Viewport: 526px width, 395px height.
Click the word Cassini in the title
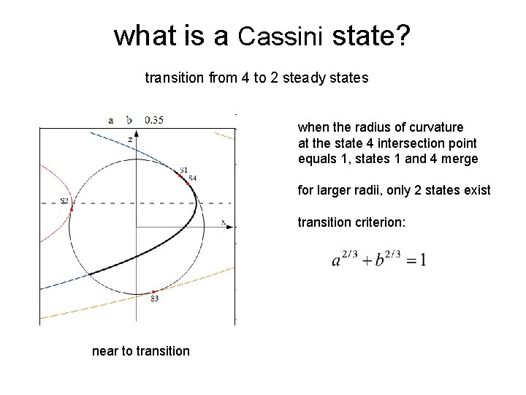pyautogui.click(x=281, y=36)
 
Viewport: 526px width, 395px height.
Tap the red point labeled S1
pyautogui.click(x=180, y=176)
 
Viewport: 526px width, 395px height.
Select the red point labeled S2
pyautogui.click(x=72, y=209)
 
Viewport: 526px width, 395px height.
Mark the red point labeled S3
pyautogui.click(x=153, y=292)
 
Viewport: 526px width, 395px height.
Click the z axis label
pyautogui.click(x=130, y=138)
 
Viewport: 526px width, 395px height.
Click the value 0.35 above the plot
pyautogui.click(x=154, y=120)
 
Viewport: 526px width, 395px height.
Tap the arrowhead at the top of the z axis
pyautogui.click(x=137, y=131)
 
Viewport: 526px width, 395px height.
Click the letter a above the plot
pyautogui.click(x=111, y=120)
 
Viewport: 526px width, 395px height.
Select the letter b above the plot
pyautogui.click(x=129, y=120)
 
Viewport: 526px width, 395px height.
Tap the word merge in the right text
pyautogui.click(x=462, y=159)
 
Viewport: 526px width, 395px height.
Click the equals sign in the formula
pyautogui.click(x=408, y=260)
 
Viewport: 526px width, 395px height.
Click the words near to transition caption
pyautogui.click(x=140, y=351)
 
